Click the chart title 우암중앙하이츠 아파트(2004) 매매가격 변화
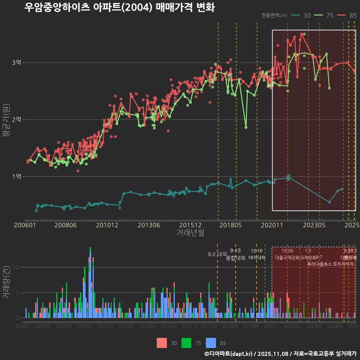(119, 7)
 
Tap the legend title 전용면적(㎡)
(274, 15)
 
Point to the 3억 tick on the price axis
(16, 63)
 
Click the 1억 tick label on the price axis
(16, 177)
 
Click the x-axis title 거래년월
(190, 233)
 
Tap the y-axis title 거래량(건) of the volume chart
(6, 281)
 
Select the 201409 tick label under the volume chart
(168, 327)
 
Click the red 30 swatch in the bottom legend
(162, 343)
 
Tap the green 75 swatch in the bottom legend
(186, 343)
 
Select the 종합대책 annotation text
(235, 258)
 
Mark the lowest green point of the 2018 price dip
(246, 127)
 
